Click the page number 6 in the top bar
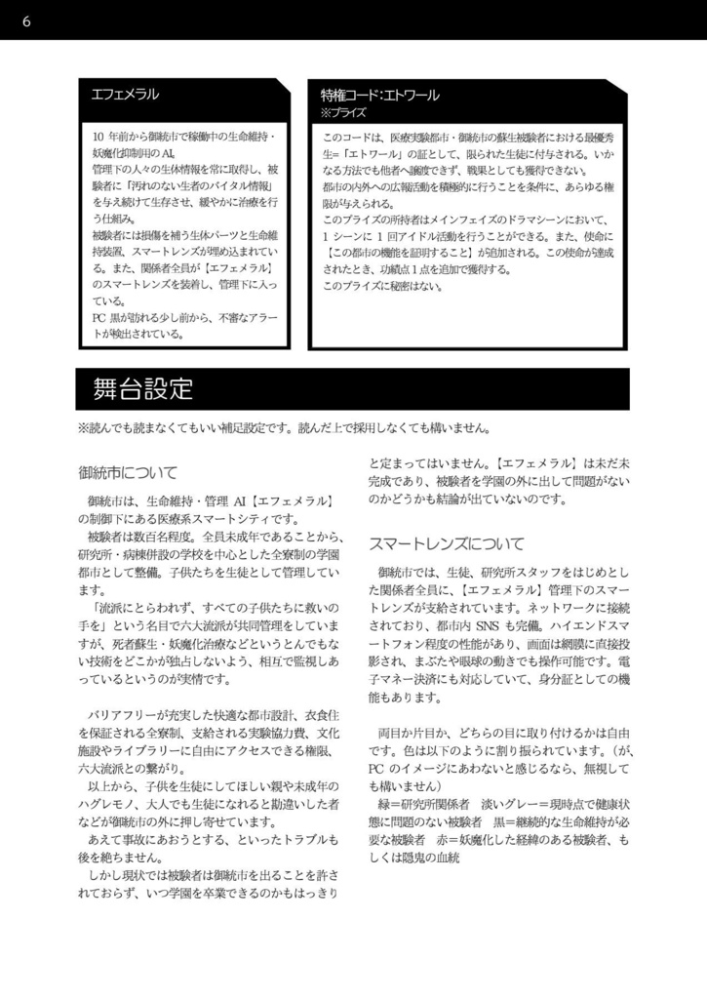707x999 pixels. tap(25, 20)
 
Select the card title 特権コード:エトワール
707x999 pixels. tap(380, 95)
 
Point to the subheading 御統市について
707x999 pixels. tap(128, 473)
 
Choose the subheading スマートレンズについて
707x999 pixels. tap(446, 542)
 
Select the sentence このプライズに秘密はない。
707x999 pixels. tap(383, 287)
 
